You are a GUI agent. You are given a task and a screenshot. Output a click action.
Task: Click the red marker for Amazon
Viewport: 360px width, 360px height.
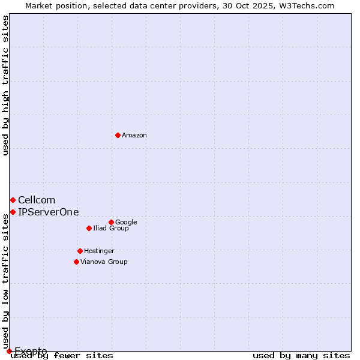tap(118, 135)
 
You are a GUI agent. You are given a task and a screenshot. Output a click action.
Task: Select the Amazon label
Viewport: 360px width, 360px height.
tap(134, 136)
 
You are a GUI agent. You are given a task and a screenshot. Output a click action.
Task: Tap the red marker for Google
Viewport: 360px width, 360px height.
tap(111, 222)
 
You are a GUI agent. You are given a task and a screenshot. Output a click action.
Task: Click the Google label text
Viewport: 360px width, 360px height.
tap(126, 223)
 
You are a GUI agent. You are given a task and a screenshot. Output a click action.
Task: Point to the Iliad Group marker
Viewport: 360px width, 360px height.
tap(89, 228)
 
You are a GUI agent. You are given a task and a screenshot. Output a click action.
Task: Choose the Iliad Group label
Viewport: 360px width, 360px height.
tap(111, 229)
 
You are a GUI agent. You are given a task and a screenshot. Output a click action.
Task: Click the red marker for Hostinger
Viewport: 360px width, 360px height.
tap(80, 251)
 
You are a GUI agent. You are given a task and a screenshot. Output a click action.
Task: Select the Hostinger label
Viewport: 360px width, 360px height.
tap(99, 251)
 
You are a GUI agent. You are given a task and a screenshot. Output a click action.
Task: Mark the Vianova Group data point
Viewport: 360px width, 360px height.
tap(76, 262)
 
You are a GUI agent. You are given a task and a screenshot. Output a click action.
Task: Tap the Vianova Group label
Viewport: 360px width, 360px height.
tap(104, 262)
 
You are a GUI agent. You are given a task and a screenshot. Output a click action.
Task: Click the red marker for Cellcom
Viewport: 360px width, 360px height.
tap(13, 200)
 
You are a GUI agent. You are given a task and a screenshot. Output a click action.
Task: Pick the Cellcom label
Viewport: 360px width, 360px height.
tap(37, 200)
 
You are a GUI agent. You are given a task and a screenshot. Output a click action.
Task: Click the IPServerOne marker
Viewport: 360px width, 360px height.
tap(13, 212)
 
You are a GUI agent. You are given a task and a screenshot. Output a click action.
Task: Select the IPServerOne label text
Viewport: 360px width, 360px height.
tap(48, 212)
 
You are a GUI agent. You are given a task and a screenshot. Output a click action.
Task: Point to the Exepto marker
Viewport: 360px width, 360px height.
tap(9, 351)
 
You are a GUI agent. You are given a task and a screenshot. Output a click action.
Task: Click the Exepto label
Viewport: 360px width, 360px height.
tap(31, 351)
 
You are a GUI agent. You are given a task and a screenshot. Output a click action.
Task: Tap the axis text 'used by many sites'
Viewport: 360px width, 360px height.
tap(301, 356)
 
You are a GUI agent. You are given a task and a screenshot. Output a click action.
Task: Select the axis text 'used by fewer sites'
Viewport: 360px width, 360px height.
tap(62, 356)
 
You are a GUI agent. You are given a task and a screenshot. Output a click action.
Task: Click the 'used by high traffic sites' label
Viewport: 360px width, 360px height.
tap(5, 85)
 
